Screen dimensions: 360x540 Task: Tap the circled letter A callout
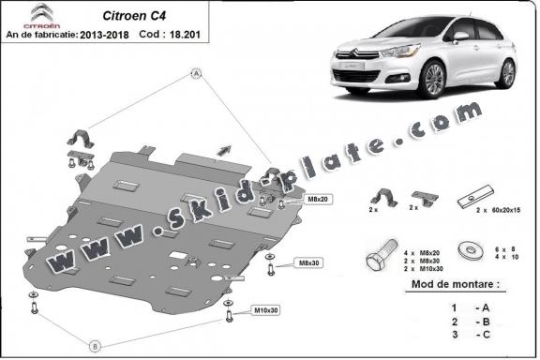tap(197, 72)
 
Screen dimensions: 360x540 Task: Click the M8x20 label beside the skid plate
tap(317, 200)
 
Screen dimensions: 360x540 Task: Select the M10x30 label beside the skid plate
tap(267, 309)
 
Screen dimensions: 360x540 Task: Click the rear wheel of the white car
tap(505, 73)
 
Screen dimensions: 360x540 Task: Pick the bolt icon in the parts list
tap(376, 250)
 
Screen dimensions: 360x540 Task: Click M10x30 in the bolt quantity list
tap(430, 268)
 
